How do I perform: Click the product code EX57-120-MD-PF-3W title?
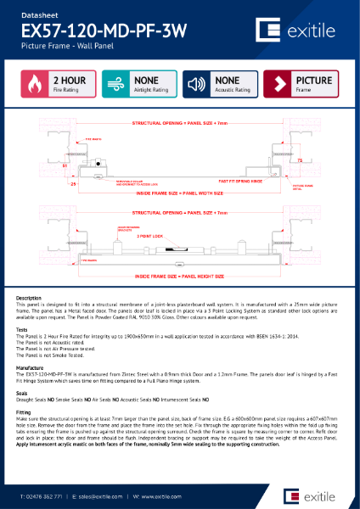click(x=103, y=31)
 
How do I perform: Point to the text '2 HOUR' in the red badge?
click(x=68, y=81)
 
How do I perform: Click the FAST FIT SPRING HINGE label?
click(x=239, y=181)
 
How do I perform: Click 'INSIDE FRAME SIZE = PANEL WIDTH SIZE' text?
click(x=178, y=193)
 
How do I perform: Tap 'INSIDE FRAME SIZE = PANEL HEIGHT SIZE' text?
click(x=178, y=276)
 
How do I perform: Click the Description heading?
click(x=29, y=298)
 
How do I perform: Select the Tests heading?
click(x=23, y=331)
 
